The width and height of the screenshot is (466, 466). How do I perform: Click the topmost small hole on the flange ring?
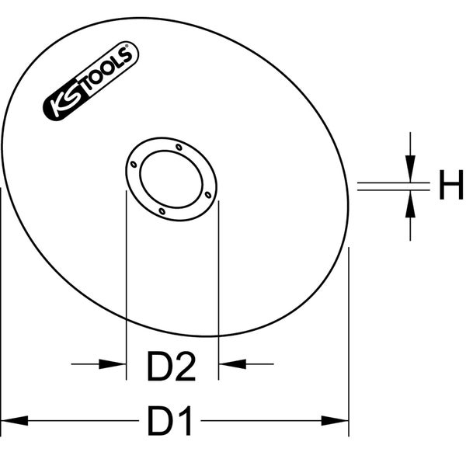(x=179, y=146)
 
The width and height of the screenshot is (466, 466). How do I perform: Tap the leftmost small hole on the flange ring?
(x=134, y=165)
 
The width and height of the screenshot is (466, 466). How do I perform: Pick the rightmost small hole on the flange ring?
(x=208, y=194)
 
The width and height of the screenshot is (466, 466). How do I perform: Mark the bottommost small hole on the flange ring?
(x=162, y=210)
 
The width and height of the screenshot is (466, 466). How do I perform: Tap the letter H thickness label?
(x=450, y=187)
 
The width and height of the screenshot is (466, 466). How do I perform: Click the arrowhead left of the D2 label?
(x=116, y=363)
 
